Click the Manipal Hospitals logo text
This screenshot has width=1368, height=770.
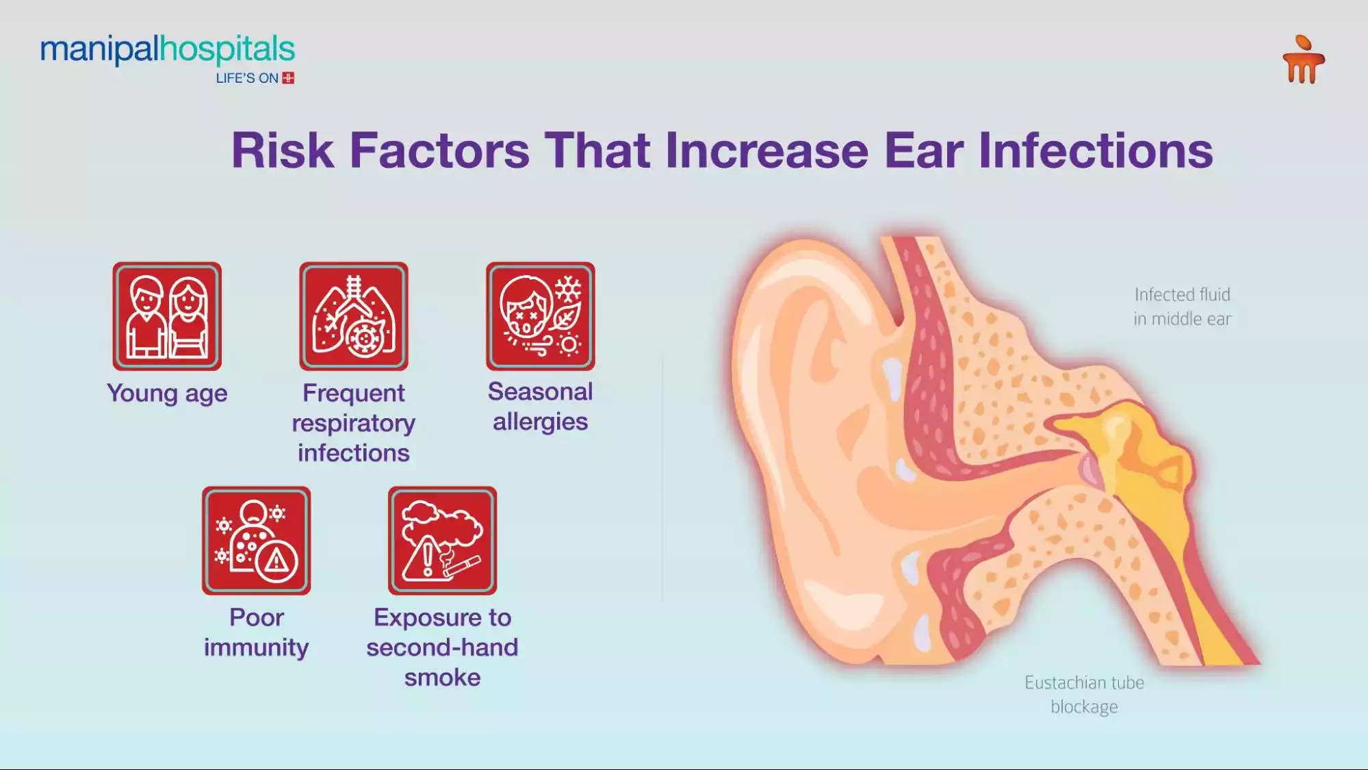pyautogui.click(x=167, y=49)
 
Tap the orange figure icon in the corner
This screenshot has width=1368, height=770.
pyautogui.click(x=1303, y=60)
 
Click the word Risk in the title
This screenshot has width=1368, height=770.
pyautogui.click(x=283, y=151)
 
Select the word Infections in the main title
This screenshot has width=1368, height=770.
pyautogui.click(x=1095, y=151)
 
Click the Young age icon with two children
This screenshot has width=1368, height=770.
pyautogui.click(x=167, y=316)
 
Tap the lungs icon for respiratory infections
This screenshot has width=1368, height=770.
pyautogui.click(x=354, y=316)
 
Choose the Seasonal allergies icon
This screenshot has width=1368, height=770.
pyautogui.click(x=541, y=316)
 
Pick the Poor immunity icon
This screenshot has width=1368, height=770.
pyautogui.click(x=257, y=541)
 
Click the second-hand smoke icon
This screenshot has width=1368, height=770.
pyautogui.click(x=443, y=541)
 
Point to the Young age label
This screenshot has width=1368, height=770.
pyautogui.click(x=167, y=394)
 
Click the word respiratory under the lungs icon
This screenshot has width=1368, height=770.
pyautogui.click(x=354, y=423)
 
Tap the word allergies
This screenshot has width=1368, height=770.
pyautogui.click(x=541, y=422)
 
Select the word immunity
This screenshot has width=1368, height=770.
pyautogui.click(x=257, y=647)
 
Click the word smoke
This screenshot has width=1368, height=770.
pyautogui.click(x=443, y=678)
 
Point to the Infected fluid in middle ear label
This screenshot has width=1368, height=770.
pyautogui.click(x=1182, y=307)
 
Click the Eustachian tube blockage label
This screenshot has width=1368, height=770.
pyautogui.click(x=1084, y=694)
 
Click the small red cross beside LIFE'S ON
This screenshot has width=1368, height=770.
pyautogui.click(x=288, y=78)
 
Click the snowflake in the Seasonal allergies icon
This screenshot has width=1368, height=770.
pyautogui.click(x=567, y=290)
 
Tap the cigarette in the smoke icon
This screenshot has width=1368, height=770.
pyautogui.click(x=464, y=565)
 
